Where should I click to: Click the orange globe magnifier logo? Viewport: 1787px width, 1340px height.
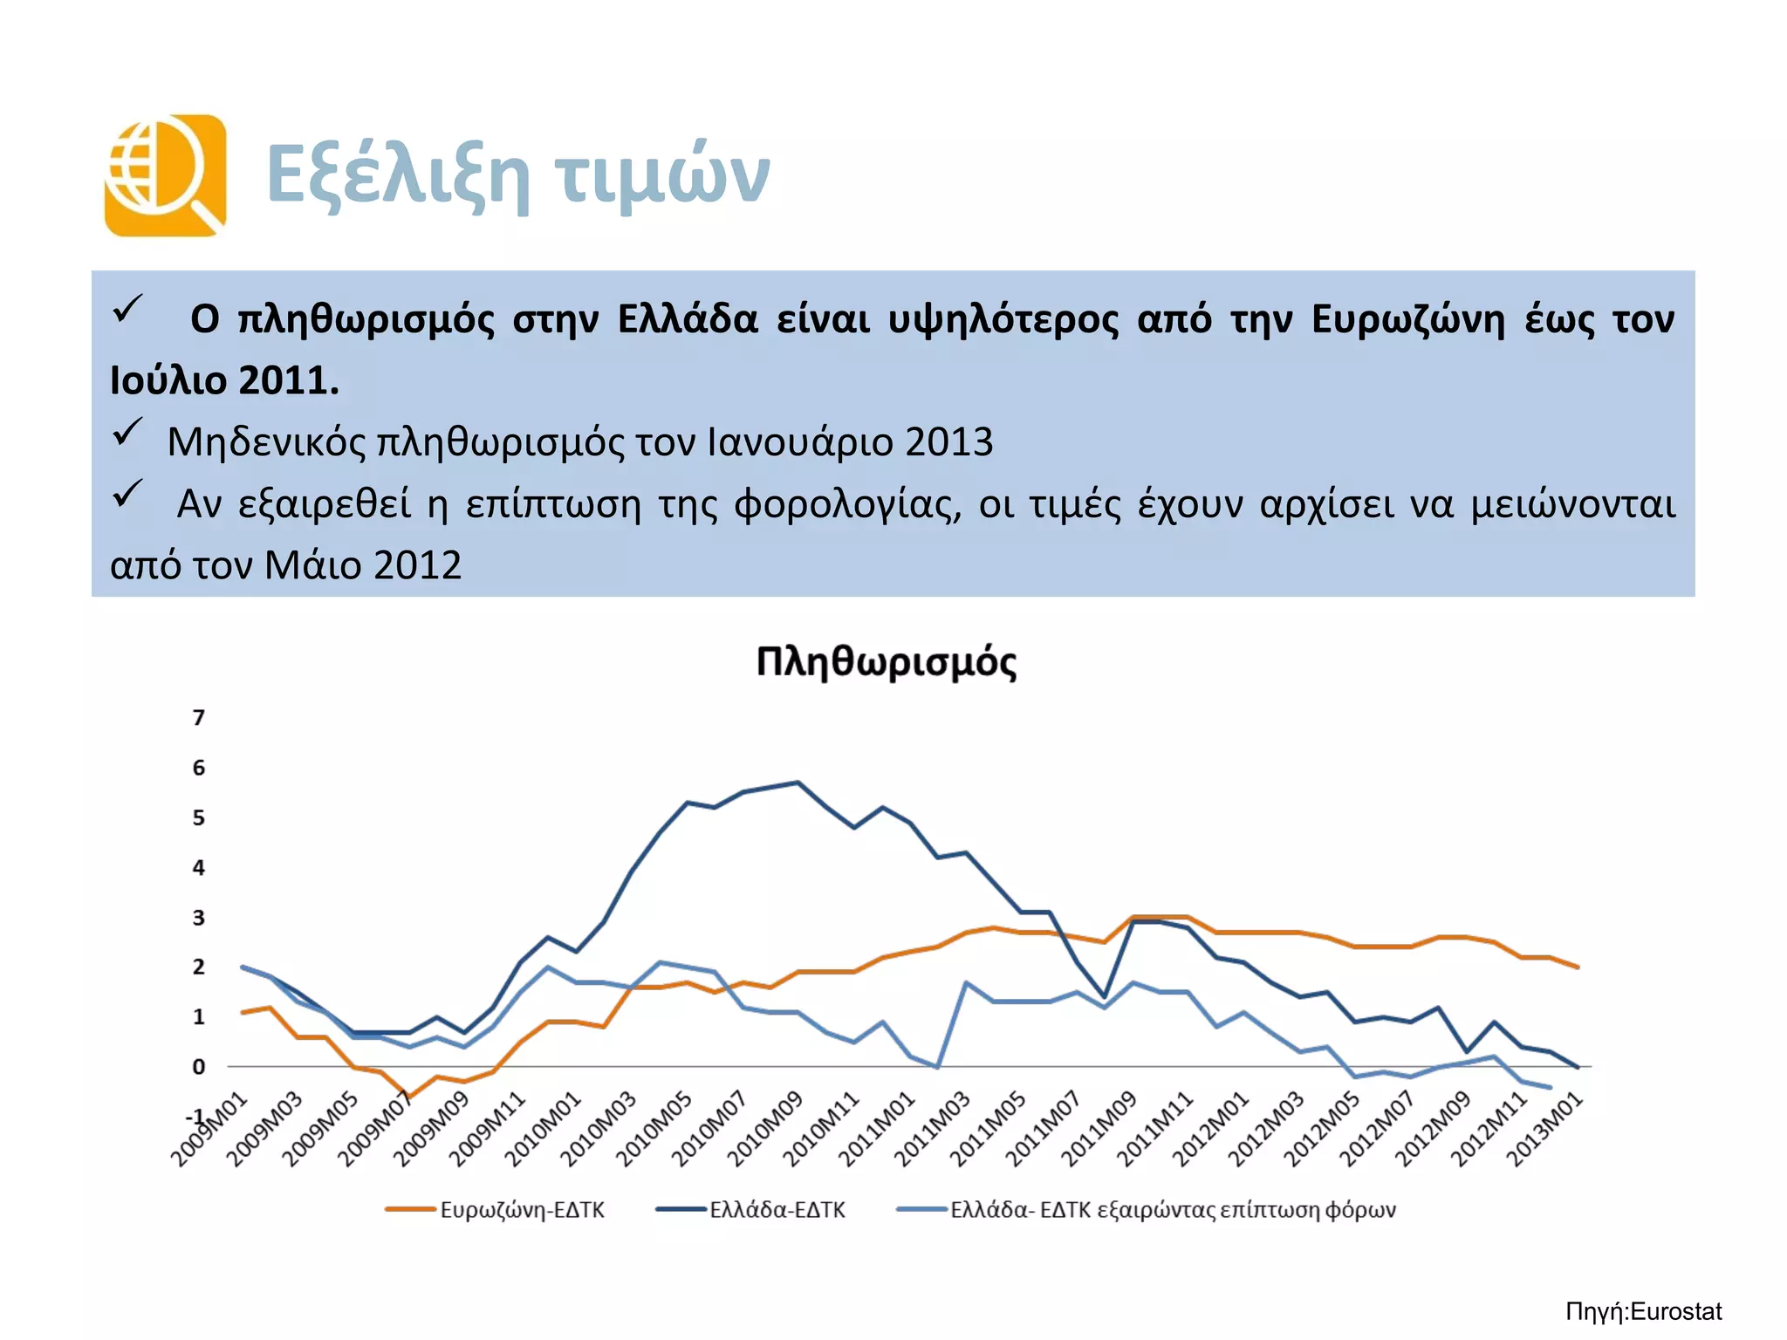[165, 175]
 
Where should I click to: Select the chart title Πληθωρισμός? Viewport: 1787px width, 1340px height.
[886, 662]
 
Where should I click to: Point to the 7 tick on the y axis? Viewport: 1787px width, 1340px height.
[199, 718]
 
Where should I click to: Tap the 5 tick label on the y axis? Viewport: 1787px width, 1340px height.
[199, 818]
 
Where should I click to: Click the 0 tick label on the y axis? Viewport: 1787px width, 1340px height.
[199, 1067]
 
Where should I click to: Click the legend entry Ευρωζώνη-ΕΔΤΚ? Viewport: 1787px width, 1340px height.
[521, 1210]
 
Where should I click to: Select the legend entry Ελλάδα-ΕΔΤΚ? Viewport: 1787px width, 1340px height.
[777, 1210]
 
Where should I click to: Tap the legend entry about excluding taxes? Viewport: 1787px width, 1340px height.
[1172, 1210]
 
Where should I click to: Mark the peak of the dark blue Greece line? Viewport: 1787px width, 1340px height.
[798, 783]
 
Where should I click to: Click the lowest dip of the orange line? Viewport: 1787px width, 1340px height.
[408, 1097]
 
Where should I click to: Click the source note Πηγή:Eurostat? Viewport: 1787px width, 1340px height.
[1643, 1312]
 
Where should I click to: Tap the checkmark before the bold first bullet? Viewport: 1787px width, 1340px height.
[127, 309]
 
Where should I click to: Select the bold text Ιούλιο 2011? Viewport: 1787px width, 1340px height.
[224, 380]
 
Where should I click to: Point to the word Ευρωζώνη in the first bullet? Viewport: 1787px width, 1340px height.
[1408, 319]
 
